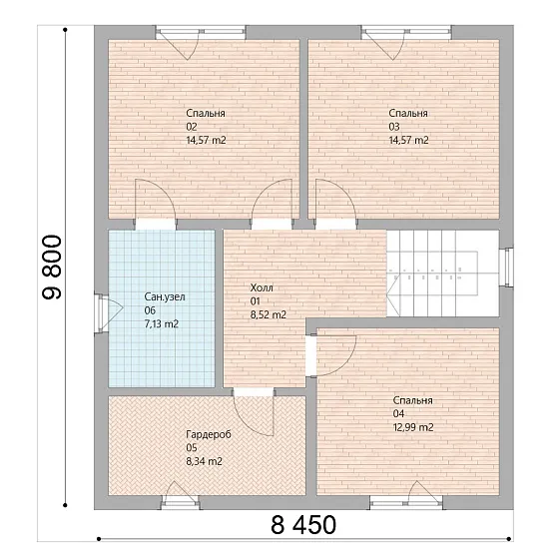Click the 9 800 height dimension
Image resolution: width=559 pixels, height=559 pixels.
(52, 267)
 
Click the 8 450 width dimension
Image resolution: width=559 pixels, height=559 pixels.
(303, 525)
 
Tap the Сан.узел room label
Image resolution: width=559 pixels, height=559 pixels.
(165, 297)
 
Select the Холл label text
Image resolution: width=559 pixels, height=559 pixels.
(262, 287)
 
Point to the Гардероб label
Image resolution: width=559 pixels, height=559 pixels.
(209, 434)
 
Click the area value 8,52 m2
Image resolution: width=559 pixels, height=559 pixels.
(269, 315)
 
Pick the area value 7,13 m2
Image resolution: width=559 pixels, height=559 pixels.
(162, 324)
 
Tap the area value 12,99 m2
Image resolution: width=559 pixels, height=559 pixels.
(413, 427)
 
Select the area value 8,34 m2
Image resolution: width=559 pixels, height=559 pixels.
(205, 461)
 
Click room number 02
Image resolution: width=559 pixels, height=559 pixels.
(192, 127)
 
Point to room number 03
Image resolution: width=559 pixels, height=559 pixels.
(394, 127)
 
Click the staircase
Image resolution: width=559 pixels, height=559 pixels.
(443, 274)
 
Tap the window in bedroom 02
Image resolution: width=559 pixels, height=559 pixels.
(201, 32)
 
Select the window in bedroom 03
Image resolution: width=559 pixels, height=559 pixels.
(406, 32)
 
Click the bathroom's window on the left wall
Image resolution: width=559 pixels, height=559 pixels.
(101, 313)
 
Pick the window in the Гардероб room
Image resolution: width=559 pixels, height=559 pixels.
(180, 503)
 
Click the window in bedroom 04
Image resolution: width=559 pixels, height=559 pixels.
(406, 503)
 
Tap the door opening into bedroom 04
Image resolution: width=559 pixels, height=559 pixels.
(333, 355)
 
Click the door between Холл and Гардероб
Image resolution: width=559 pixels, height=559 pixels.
(254, 412)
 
